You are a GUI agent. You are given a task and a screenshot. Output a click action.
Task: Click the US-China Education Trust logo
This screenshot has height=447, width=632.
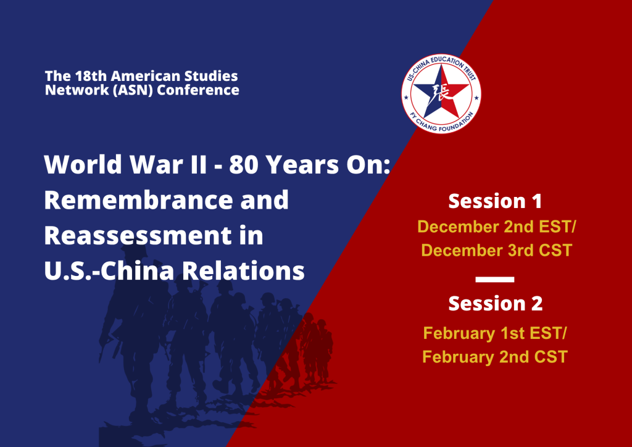click(x=441, y=93)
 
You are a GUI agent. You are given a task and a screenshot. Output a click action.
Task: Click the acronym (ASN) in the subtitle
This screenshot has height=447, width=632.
click(x=133, y=90)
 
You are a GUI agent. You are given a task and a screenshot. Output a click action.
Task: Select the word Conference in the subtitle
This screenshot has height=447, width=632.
click(x=198, y=90)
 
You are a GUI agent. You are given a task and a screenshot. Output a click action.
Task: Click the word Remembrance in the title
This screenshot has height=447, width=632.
click(x=167, y=200)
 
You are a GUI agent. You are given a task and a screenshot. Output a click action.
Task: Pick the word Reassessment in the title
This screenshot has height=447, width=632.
click(x=138, y=236)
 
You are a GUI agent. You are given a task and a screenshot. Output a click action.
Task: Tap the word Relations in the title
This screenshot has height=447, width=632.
click(x=243, y=271)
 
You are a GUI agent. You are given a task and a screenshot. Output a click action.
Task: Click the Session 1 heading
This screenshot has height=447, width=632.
click(x=495, y=201)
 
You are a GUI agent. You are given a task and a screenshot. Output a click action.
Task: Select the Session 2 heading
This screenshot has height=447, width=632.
click(x=496, y=304)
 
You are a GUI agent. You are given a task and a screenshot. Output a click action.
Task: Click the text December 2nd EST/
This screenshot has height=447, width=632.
click(x=497, y=227)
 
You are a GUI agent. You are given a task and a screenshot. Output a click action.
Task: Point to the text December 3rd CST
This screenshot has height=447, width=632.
click(x=497, y=250)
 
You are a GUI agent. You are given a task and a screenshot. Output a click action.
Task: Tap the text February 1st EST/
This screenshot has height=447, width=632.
click(x=495, y=333)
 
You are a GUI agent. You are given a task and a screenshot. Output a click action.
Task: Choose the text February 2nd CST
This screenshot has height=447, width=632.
click(x=495, y=357)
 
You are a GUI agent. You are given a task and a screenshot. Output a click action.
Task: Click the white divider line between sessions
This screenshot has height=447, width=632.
click(x=495, y=279)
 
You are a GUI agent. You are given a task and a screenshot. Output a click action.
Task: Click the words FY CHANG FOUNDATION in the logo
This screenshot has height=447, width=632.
click(x=441, y=122)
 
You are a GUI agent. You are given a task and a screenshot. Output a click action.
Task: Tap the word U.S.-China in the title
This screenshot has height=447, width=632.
click(x=110, y=271)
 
